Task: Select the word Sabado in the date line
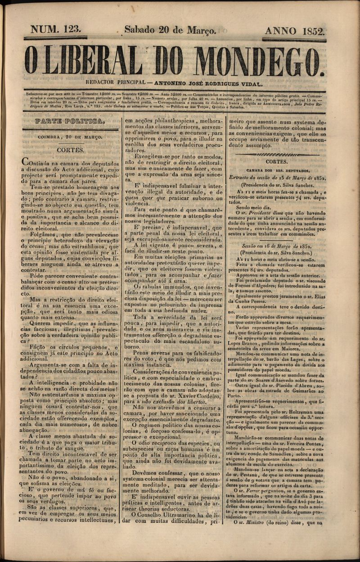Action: (141, 30)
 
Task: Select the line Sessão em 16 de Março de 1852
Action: (277, 247)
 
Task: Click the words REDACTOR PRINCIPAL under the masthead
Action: (113, 83)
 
